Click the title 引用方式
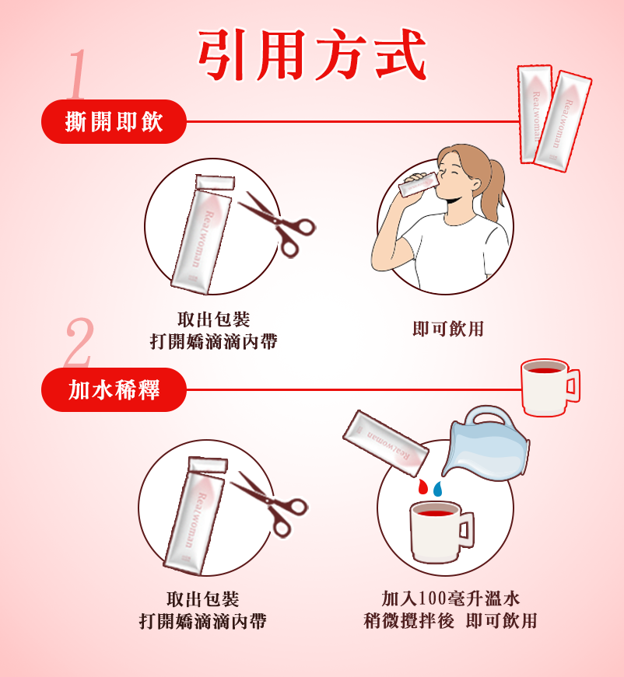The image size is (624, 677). pos(312,55)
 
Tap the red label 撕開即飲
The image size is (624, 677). pos(114,122)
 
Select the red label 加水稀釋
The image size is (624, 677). pos(114,390)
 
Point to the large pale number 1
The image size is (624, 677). pos(77,73)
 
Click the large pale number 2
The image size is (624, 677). pos(79,342)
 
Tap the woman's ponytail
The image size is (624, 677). pos(494,188)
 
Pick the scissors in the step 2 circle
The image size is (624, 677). pos(269,504)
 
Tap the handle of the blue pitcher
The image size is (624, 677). pos(486,416)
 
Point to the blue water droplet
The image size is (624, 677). pos(438,488)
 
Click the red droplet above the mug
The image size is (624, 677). pos(422,486)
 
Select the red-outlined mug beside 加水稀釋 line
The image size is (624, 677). pos(549,387)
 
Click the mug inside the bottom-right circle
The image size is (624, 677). pos(441,532)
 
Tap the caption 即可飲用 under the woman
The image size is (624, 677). pos(448,329)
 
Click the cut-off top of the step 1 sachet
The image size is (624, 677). pos(216,182)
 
